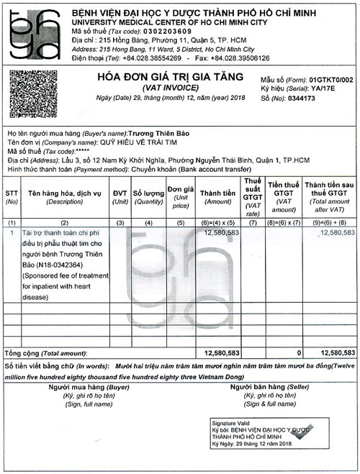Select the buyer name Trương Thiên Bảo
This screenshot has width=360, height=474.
click(x=160, y=134)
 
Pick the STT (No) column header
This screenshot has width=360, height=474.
click(x=12, y=198)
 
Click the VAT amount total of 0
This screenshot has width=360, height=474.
click(x=299, y=353)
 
